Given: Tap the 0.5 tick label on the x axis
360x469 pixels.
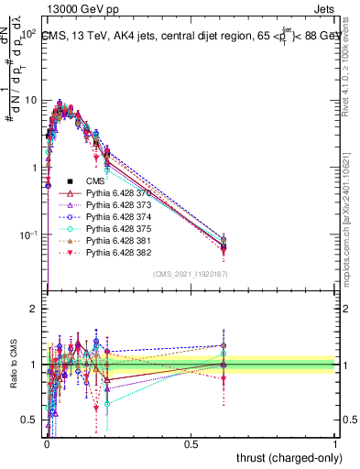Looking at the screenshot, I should [x=191, y=442].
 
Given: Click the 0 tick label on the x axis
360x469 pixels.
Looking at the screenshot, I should [x=47, y=442].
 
